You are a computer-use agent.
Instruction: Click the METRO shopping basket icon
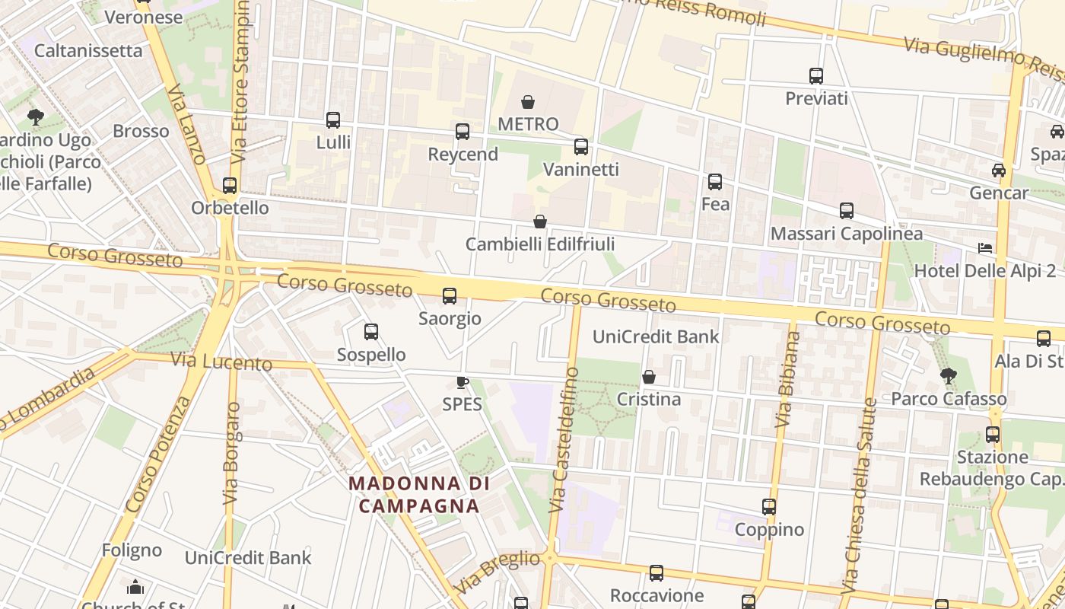point(528,101)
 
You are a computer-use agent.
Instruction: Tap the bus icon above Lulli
point(333,120)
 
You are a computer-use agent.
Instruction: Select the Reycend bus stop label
point(463,154)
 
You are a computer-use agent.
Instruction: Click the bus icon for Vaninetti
point(581,147)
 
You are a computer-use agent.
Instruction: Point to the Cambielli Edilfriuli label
point(540,244)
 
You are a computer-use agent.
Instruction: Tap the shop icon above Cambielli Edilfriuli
point(540,222)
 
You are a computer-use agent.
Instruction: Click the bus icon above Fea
point(715,182)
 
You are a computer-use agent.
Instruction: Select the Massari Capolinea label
point(847,234)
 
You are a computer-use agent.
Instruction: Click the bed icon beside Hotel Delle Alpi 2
point(985,248)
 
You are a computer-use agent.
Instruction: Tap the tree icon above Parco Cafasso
point(948,375)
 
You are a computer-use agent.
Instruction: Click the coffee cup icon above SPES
point(462,381)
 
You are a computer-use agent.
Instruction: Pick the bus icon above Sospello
point(371,332)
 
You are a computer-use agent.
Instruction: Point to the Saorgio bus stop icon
point(450,295)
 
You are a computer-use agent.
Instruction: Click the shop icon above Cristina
point(649,377)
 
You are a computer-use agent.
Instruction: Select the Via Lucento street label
point(221,362)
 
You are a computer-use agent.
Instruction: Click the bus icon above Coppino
point(769,507)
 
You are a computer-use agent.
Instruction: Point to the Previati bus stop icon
point(816,76)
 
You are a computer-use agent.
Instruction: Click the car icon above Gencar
point(999,171)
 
